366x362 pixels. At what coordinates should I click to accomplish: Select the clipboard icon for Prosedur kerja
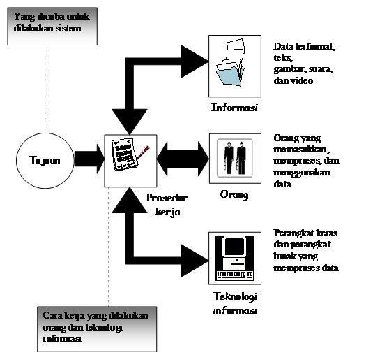pyautogui.click(x=128, y=160)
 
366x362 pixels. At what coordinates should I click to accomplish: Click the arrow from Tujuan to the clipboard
pyautogui.click(x=88, y=160)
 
